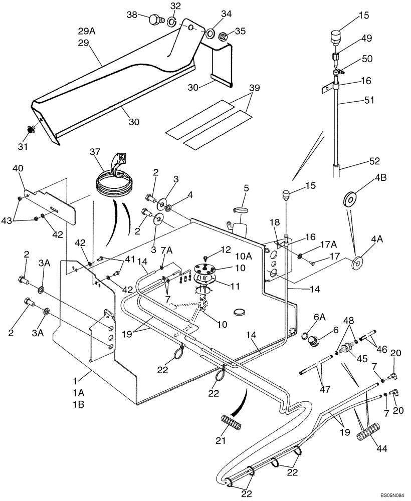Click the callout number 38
[x=132, y=15]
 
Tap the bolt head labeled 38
[x=156, y=21]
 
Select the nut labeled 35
[x=226, y=36]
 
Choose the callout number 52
[x=374, y=161]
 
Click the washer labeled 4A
[x=358, y=263]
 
